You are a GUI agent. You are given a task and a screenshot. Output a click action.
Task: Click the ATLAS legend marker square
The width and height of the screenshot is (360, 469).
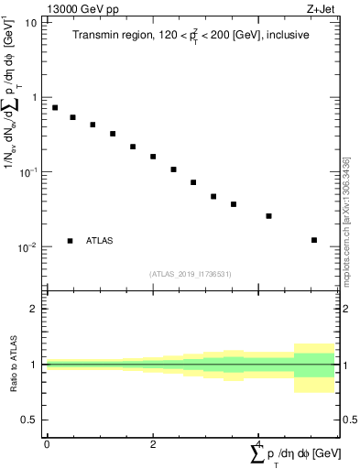point(70,241)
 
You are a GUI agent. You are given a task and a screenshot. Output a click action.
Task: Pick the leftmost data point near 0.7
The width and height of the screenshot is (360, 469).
point(55,107)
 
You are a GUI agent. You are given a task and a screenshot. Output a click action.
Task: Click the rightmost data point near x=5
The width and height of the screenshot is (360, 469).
point(314,240)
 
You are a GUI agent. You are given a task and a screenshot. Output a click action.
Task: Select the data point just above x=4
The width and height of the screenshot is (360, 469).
point(268,216)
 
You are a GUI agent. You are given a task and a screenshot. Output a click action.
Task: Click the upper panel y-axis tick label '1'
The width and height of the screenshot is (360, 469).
point(34,97)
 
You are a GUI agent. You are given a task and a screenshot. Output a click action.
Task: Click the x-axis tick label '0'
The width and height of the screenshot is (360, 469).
point(46,442)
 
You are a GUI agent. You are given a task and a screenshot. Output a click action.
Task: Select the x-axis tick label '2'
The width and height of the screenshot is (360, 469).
point(153,442)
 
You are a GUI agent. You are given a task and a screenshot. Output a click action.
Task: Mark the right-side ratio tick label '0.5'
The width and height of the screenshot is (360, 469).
point(349,420)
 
